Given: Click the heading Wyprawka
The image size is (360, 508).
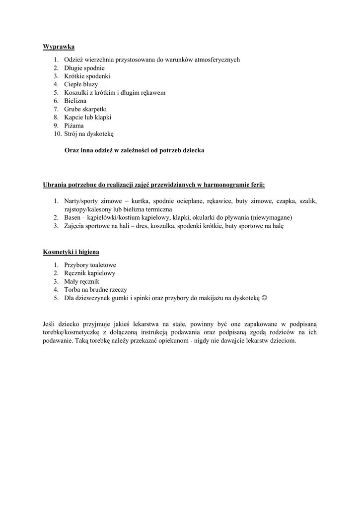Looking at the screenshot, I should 59,47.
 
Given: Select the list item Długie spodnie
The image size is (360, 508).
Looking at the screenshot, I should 84,68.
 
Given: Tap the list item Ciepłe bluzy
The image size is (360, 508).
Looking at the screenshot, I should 81,84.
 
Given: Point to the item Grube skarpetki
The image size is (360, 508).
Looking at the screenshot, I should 85,109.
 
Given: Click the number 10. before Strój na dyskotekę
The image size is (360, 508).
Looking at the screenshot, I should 57,134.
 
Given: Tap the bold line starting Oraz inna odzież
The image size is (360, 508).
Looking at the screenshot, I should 135,150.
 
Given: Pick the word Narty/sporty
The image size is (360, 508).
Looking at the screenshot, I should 81,201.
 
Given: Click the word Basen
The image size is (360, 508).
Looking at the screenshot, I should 72,217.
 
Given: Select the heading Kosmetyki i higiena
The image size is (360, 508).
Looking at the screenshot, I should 71,252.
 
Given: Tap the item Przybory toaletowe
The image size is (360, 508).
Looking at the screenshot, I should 90,265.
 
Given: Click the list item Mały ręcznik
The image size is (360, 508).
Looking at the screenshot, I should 81,281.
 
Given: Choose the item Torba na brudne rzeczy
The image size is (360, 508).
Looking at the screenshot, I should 95,290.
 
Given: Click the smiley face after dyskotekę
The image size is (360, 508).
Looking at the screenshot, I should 264,298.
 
